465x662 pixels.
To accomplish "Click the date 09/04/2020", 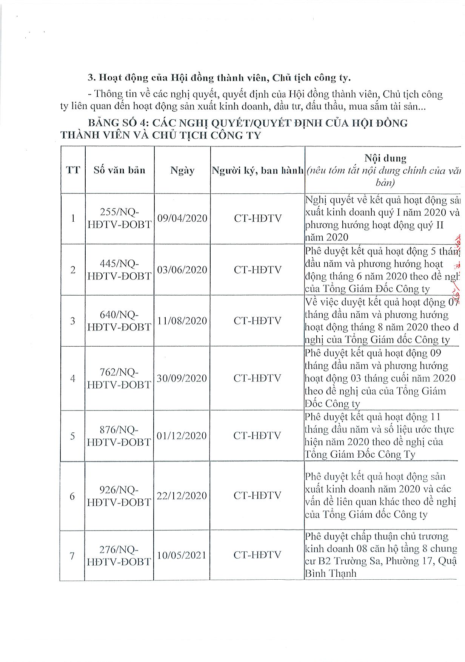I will click(182, 218).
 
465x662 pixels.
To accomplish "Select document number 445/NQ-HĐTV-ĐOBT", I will click(119, 270).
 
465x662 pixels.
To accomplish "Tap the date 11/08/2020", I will click(182, 321).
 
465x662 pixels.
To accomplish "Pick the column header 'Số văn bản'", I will click(120, 170).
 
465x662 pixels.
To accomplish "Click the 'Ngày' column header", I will click(182, 170).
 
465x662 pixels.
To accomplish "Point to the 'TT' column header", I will click(73, 170).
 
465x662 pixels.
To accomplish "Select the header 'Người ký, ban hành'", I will click(257, 170).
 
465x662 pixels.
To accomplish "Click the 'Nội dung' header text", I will click(385, 158).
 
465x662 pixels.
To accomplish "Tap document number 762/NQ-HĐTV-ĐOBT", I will click(119, 378).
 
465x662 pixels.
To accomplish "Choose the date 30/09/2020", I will click(182, 378).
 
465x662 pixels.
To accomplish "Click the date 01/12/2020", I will click(182, 436).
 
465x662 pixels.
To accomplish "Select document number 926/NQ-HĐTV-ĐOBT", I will click(119, 496).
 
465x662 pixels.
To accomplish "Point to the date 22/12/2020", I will click(182, 496).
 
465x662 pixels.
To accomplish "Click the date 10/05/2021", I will click(182, 555).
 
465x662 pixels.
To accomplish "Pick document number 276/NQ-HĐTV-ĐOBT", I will click(119, 556).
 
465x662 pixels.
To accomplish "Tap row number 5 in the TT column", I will click(72, 436).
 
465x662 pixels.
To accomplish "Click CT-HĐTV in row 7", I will click(257, 555).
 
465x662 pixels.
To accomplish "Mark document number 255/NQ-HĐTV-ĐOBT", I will click(119, 218).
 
